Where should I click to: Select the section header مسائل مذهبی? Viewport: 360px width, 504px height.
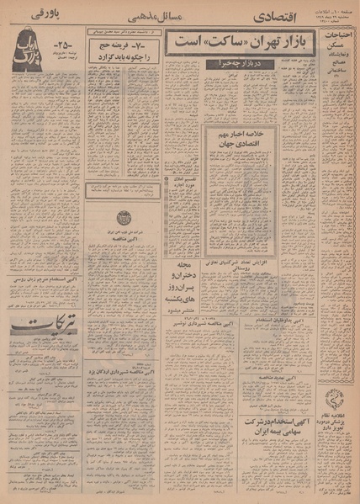click(x=151, y=17)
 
